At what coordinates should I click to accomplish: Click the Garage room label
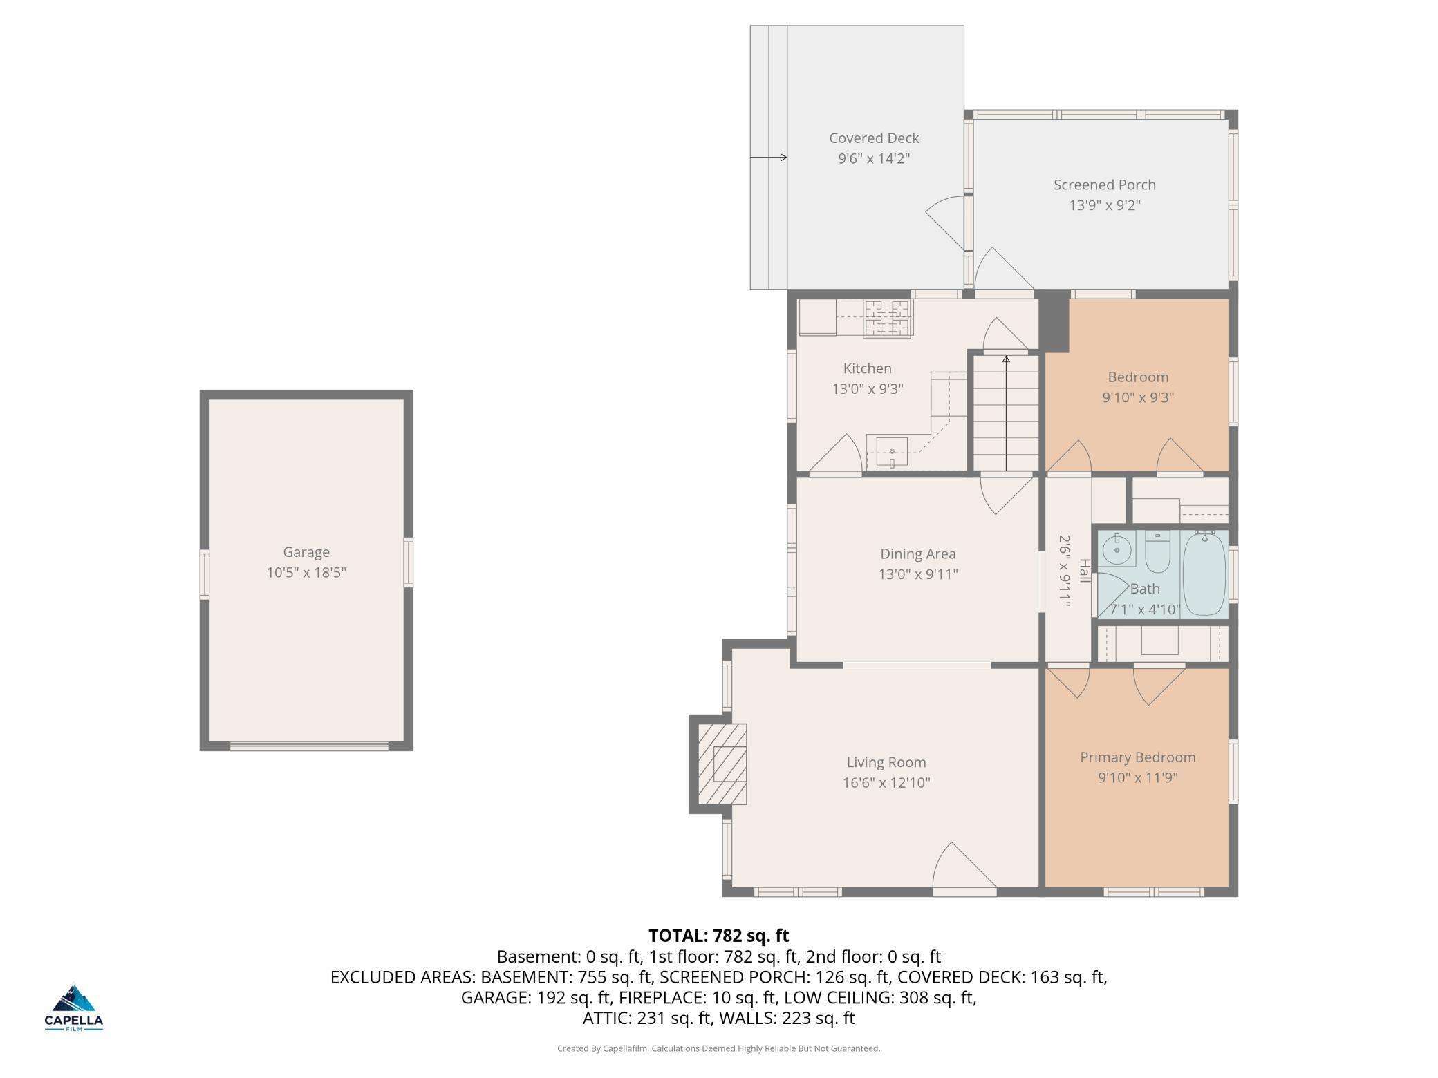click(x=306, y=551)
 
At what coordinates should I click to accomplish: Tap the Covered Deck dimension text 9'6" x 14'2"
click(x=874, y=158)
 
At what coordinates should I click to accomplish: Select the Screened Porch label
click(x=1104, y=185)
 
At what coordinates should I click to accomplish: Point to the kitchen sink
click(x=892, y=452)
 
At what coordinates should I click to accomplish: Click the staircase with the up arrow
click(x=1006, y=413)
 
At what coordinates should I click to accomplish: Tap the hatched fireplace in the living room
click(x=722, y=764)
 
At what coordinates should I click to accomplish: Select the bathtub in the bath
click(x=1204, y=573)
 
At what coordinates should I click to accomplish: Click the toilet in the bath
click(x=1157, y=551)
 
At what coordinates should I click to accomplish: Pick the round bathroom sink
click(x=1116, y=550)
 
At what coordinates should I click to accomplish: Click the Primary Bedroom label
click(x=1137, y=757)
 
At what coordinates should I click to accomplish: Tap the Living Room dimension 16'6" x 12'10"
click(x=886, y=782)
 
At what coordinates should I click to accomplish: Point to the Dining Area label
click(x=918, y=554)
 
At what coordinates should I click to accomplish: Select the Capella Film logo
click(x=74, y=1008)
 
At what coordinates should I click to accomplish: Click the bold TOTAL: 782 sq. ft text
click(x=718, y=936)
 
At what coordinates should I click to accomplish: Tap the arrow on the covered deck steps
click(x=769, y=158)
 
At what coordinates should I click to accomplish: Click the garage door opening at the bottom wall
click(x=309, y=746)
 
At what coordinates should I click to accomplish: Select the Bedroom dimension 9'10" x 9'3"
click(x=1138, y=397)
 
